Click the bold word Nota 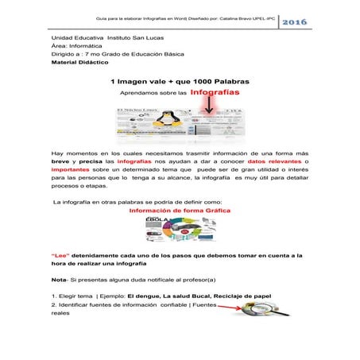(59, 281)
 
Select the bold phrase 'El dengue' (161, 296)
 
